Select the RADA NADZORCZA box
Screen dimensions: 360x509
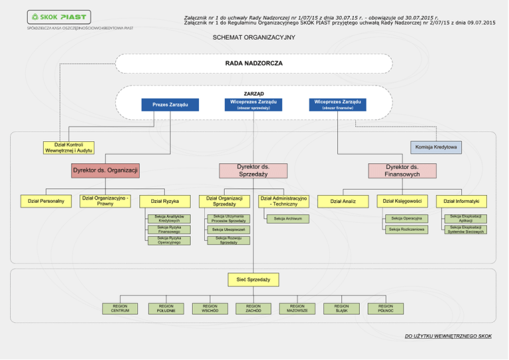(x=253, y=63)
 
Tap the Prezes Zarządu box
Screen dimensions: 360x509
(x=170, y=105)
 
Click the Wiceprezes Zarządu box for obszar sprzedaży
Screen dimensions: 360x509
(x=253, y=104)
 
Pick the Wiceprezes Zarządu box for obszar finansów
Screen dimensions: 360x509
(x=337, y=104)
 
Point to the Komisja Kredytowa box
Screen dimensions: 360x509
(x=436, y=147)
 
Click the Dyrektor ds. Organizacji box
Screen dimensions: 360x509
(x=105, y=170)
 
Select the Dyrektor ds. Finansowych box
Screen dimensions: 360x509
(x=402, y=170)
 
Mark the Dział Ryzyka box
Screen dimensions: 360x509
(x=164, y=201)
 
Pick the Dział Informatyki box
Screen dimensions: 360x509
(x=461, y=201)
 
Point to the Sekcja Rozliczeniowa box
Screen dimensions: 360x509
(x=407, y=229)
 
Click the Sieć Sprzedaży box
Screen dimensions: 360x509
(x=253, y=280)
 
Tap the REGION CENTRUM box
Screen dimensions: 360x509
(x=121, y=308)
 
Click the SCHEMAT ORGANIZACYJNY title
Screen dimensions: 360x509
(x=253, y=37)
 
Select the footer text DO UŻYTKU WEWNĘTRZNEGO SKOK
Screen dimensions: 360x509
(x=448, y=336)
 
